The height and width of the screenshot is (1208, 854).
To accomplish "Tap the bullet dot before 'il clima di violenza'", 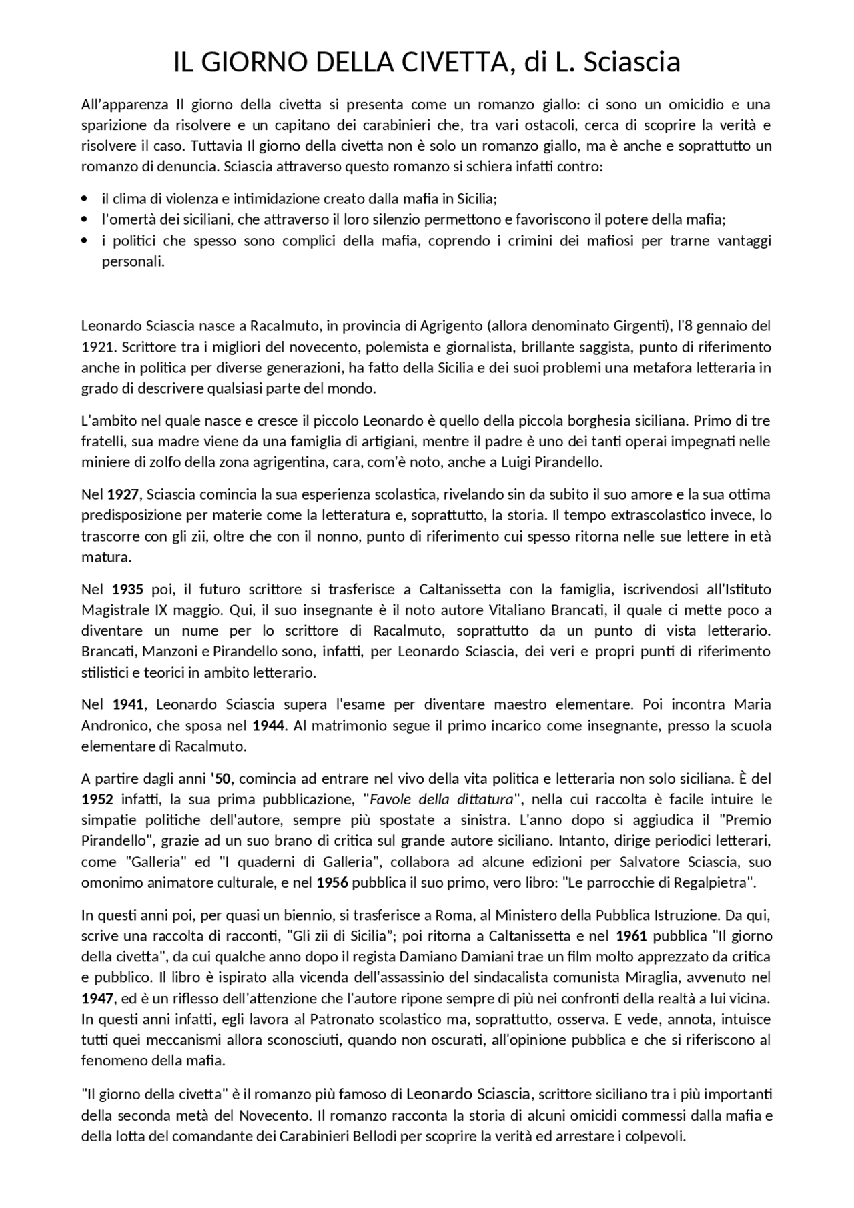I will pyautogui.click(x=84, y=199).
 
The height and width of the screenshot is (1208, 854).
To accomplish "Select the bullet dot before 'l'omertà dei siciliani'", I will pyautogui.click(x=84, y=219).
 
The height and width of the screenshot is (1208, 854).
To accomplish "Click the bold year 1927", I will pyautogui.click(x=123, y=494).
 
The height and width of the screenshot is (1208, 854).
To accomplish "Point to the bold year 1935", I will pyautogui.click(x=127, y=589).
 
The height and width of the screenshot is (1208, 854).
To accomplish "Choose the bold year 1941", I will pyautogui.click(x=128, y=704).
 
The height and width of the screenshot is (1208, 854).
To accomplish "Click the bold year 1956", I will pyautogui.click(x=332, y=883).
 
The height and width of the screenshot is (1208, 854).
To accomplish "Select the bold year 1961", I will pyautogui.click(x=631, y=935).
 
